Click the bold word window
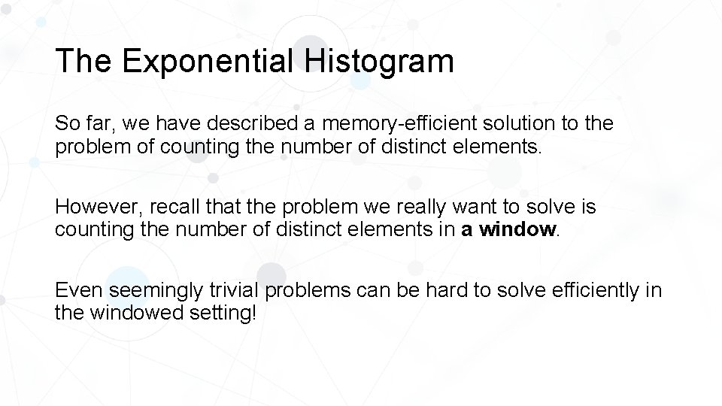(x=517, y=229)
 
